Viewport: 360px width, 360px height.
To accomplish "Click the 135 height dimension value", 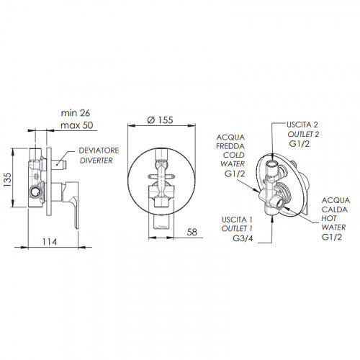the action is tap(8, 180).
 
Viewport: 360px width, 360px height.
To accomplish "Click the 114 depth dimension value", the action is tap(50, 242).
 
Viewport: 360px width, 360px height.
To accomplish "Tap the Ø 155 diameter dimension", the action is tap(160, 120).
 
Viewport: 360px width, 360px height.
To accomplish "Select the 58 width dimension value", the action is tap(192, 232).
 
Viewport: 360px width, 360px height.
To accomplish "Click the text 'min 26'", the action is tap(76, 113).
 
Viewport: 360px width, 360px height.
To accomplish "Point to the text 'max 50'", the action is tap(77, 125).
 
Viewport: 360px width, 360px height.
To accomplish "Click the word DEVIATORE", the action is tap(99, 150).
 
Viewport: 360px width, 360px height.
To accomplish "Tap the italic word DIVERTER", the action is tap(96, 161).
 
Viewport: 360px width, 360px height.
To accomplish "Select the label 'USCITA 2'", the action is tap(302, 125).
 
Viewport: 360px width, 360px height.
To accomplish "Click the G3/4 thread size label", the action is tap(243, 238).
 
